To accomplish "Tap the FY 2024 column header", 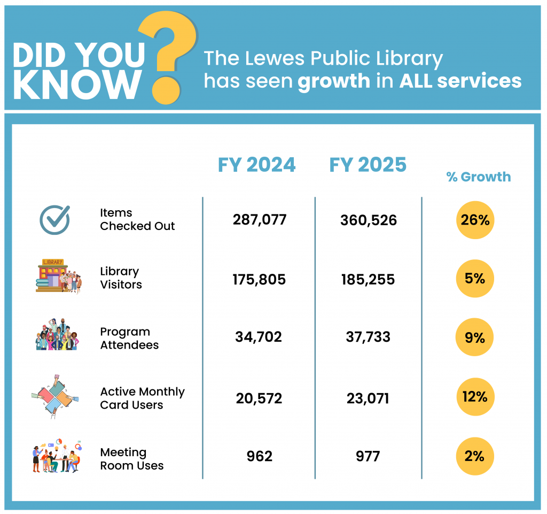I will (x=256, y=165).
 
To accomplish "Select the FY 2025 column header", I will (x=368, y=165).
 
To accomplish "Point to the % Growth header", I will (x=479, y=177).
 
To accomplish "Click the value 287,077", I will (x=260, y=219).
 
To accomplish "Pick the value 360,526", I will (x=369, y=220).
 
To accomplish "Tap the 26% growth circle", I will (x=475, y=220).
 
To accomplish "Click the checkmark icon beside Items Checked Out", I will (x=55, y=219).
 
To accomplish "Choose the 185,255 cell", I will (x=368, y=279).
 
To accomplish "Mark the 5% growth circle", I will (x=475, y=279).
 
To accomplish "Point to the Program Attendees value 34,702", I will (x=259, y=337).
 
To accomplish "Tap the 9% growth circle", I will (x=475, y=338).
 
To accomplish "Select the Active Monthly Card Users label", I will (x=142, y=398).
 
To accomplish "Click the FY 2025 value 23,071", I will (x=368, y=398).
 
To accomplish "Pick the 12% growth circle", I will (x=475, y=397).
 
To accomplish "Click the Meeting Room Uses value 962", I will (x=260, y=456).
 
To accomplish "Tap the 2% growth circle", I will (x=475, y=456).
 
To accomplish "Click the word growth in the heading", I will (x=334, y=81).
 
